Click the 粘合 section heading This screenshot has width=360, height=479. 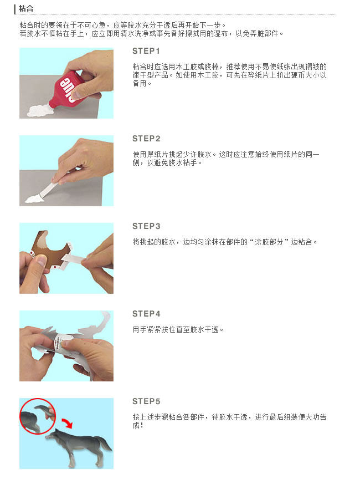coord(26,8)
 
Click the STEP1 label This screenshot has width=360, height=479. coord(146,51)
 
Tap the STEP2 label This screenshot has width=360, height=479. coord(146,139)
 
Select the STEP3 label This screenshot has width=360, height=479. coord(146,226)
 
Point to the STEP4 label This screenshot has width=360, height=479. coord(146,314)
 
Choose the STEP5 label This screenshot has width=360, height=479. coord(146,401)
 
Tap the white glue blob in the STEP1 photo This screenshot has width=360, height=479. coord(40,110)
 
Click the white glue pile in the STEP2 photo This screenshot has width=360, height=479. coord(34,199)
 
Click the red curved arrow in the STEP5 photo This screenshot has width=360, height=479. coord(67,424)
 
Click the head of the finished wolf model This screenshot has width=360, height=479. coord(52,435)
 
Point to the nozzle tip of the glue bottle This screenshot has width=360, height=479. coord(51,105)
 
